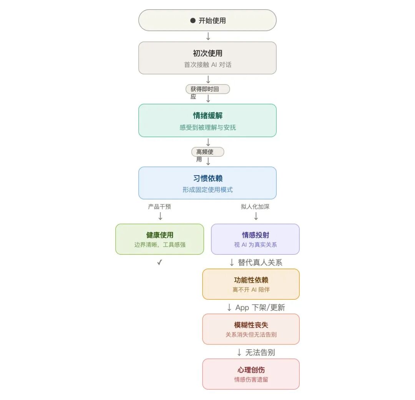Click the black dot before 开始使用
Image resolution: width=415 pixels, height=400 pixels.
click(x=193, y=21)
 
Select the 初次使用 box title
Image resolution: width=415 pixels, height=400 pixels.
click(x=207, y=53)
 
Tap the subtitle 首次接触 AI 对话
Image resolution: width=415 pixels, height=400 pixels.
click(x=207, y=65)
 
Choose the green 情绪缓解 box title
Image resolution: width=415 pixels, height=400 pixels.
click(x=207, y=116)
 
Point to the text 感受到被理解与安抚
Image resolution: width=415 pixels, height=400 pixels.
click(x=207, y=127)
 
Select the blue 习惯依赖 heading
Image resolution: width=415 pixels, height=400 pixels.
click(x=207, y=178)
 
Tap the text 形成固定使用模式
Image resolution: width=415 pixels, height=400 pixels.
click(x=207, y=189)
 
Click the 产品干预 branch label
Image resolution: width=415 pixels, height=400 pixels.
click(x=159, y=207)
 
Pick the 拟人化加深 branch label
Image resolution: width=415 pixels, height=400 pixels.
click(x=255, y=207)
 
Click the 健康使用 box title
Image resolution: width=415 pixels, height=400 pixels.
click(x=160, y=235)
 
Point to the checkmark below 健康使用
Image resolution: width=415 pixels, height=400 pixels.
click(x=160, y=262)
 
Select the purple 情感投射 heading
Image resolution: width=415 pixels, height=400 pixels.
click(x=255, y=235)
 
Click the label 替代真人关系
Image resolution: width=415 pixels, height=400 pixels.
click(x=260, y=262)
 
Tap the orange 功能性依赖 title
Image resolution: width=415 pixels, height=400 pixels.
click(x=251, y=280)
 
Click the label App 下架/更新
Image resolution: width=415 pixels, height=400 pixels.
click(x=260, y=307)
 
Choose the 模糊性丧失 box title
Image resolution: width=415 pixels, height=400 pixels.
click(x=251, y=325)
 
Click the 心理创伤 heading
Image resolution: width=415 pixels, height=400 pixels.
click(x=251, y=370)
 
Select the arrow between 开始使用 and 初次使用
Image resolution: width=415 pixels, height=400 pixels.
click(x=208, y=36)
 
